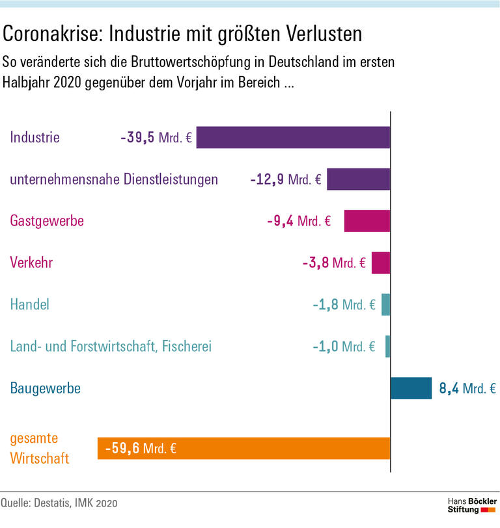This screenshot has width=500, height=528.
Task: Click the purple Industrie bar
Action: (x=293, y=137)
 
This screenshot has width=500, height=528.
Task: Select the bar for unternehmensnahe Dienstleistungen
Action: (x=358, y=179)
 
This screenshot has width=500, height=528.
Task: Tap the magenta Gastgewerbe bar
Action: (x=367, y=221)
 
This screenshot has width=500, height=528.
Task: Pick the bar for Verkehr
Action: (x=381, y=263)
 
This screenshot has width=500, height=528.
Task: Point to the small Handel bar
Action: (x=386, y=304)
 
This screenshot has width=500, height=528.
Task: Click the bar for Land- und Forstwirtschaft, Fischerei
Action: (x=388, y=346)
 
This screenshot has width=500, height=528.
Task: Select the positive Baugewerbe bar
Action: (x=411, y=388)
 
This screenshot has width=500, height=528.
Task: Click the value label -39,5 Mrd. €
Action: (x=156, y=138)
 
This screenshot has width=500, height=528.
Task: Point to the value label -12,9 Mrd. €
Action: (x=286, y=179)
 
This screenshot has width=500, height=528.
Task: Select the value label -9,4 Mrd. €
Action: (x=299, y=221)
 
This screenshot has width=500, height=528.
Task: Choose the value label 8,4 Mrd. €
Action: (x=467, y=389)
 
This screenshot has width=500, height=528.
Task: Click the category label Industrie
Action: (x=35, y=138)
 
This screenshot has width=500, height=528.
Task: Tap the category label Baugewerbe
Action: (x=46, y=389)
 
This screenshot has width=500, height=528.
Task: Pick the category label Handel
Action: (x=30, y=304)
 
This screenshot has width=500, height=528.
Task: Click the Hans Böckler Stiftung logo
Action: (x=472, y=505)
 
